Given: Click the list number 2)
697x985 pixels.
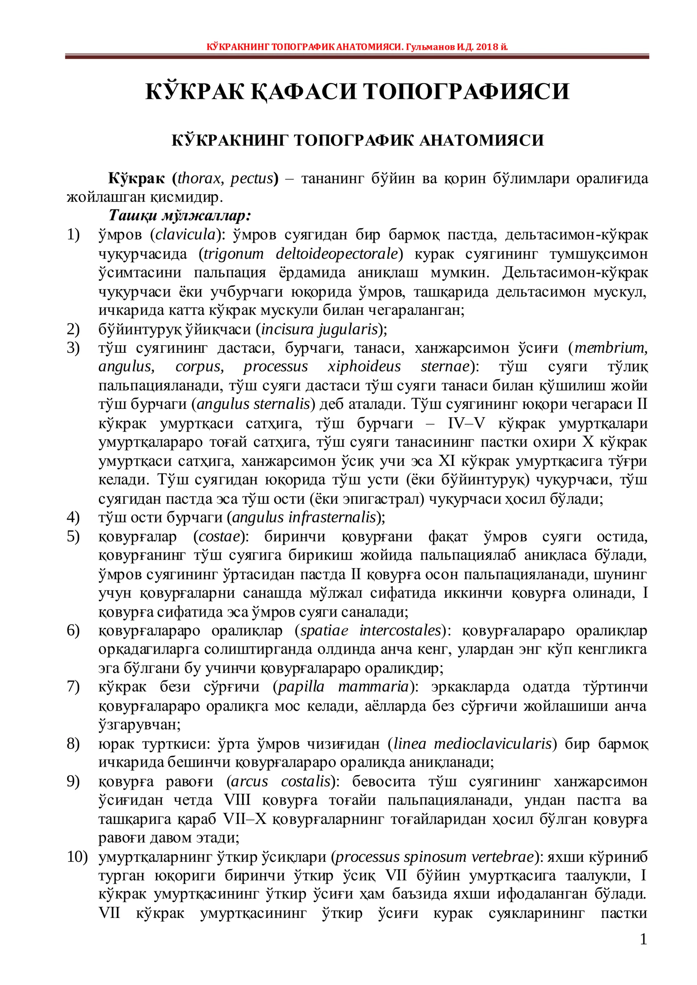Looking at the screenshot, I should pos(73,329).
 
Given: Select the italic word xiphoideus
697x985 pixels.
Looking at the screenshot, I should pos(364,367).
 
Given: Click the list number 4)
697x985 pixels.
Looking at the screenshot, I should pos(73,517).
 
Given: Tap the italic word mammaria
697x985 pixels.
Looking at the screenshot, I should pos(373,687).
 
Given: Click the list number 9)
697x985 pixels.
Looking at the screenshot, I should pos(73,781).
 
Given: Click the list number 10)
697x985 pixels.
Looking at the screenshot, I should pos(77,857).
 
